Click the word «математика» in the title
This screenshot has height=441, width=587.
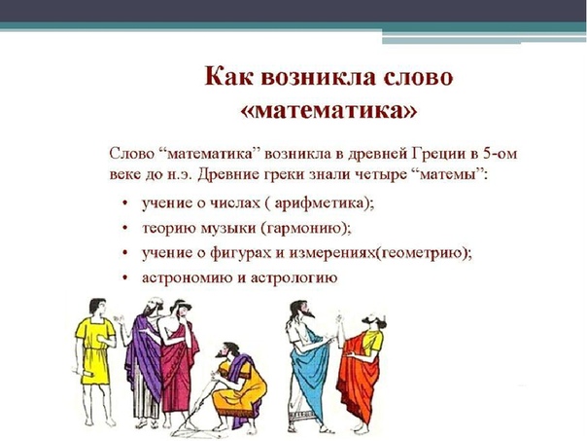click(x=328, y=111)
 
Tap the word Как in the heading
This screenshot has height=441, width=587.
click(x=228, y=77)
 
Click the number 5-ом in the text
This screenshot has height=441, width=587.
click(x=500, y=154)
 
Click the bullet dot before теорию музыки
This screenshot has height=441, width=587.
click(x=125, y=228)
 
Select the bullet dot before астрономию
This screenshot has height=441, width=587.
click(x=125, y=277)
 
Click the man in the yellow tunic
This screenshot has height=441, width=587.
click(x=94, y=360)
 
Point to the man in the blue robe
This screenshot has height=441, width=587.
click(x=308, y=368)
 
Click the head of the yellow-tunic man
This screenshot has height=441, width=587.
click(x=97, y=307)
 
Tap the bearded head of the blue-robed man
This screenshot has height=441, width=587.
click(x=300, y=310)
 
